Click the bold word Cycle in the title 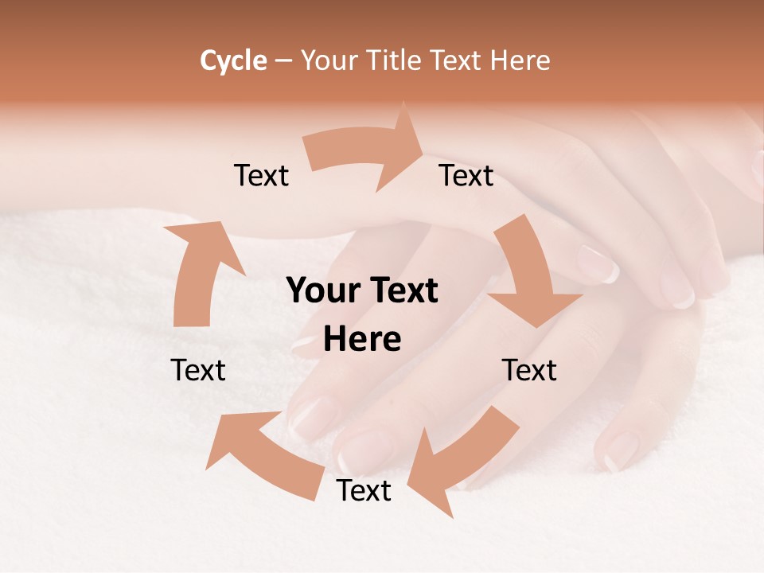pos(233,60)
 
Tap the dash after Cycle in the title pos(283,60)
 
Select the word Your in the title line pos(327,60)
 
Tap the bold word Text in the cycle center pos(403,291)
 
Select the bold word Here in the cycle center pos(362,340)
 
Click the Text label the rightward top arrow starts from pos(261,176)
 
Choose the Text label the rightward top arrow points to pos(466,176)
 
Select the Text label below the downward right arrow pos(529,370)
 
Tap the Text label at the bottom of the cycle pos(364,491)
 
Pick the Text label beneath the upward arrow pos(198,370)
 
